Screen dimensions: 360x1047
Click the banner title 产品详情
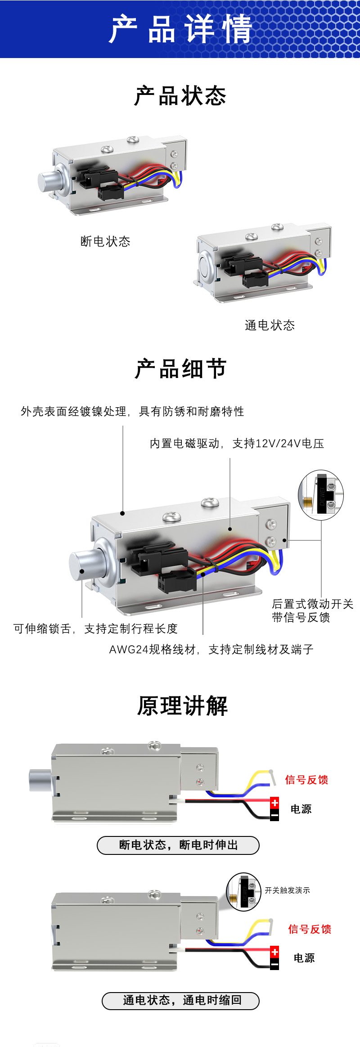180,29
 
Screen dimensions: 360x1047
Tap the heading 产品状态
180,96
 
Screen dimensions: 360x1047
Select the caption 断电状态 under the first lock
105,242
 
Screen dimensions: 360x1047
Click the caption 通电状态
270,325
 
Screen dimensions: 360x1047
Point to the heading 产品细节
180,369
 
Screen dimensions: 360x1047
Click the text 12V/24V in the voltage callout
278,444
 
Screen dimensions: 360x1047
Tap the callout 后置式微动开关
313,604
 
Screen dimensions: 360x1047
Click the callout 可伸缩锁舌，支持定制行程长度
95,629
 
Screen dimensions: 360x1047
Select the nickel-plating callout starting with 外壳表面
132,411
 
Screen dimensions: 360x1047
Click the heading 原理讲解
182,705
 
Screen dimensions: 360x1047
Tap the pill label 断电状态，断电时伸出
178,845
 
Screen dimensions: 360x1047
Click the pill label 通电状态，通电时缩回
180,1001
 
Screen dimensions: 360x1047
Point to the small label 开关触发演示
287,890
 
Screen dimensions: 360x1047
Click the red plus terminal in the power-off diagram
274,803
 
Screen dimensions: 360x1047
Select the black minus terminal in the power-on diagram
274,964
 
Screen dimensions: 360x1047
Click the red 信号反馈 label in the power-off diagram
306,780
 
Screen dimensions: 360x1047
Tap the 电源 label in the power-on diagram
304,958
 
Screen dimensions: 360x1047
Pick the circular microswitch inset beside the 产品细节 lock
321,495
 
